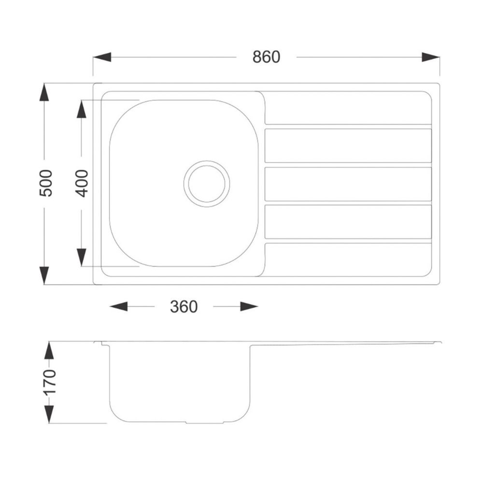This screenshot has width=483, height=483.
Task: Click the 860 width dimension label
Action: click(x=266, y=57)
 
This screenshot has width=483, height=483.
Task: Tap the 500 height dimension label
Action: click(x=46, y=183)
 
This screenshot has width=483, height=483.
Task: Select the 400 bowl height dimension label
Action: click(x=82, y=183)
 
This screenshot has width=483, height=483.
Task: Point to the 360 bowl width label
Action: click(x=184, y=307)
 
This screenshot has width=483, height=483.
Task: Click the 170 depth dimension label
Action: click(x=50, y=382)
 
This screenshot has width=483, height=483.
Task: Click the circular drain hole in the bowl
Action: click(x=207, y=184)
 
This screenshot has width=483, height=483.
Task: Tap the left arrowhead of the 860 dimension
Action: click(x=102, y=57)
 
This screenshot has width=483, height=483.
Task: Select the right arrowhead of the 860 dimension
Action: click(x=431, y=57)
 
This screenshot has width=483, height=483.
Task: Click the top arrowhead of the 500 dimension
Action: click(x=44, y=92)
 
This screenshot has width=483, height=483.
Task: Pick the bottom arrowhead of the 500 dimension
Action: click(x=44, y=275)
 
